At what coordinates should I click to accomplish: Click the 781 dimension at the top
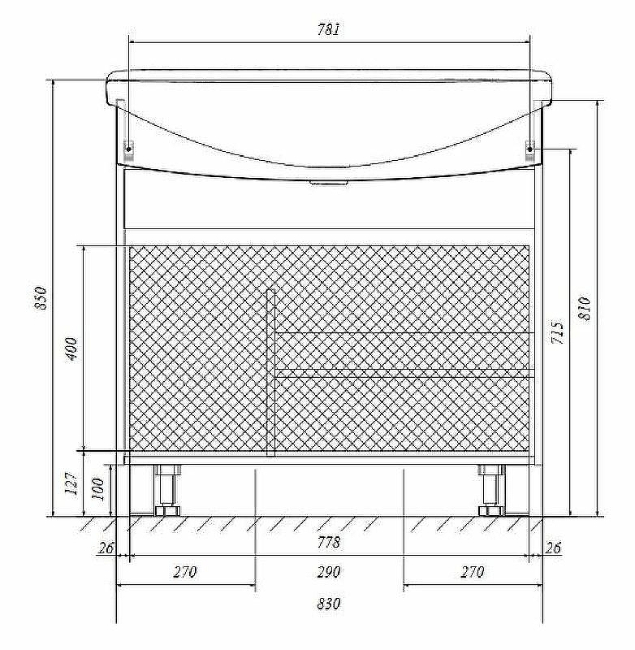click(x=329, y=30)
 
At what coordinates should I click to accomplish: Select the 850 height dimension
click(x=41, y=297)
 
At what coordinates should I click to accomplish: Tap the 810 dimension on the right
click(x=584, y=308)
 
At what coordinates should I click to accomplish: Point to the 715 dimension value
click(x=558, y=331)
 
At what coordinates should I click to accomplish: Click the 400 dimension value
click(x=71, y=349)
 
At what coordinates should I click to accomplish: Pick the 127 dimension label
click(x=71, y=483)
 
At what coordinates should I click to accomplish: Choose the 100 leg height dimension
click(x=97, y=489)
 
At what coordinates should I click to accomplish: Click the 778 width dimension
click(x=329, y=542)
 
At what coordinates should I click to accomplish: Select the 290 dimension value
click(x=329, y=572)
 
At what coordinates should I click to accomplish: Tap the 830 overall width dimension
click(x=329, y=604)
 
